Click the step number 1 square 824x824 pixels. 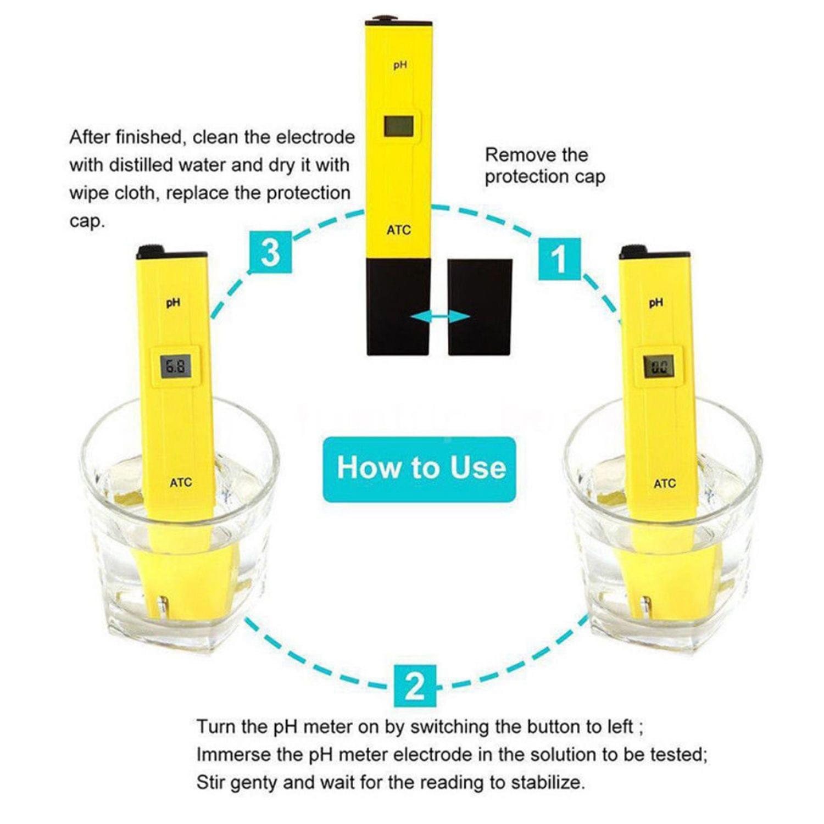click(559, 259)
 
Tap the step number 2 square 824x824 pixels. click(415, 686)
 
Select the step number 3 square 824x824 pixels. click(270, 253)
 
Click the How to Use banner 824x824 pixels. click(420, 469)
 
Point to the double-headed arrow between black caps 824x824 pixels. click(440, 316)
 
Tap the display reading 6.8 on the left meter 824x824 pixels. click(176, 366)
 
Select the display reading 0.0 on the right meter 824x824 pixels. click(659, 366)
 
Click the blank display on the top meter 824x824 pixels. click(399, 126)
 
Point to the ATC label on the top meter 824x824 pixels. click(399, 230)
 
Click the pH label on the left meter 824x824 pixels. click(173, 303)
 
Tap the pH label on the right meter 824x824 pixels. click(656, 303)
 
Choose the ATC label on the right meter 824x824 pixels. click(665, 484)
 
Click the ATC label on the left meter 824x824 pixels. click(181, 483)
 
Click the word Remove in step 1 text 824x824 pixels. click(513, 155)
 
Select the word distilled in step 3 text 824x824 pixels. click(145, 165)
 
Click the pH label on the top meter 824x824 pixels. click(400, 65)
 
